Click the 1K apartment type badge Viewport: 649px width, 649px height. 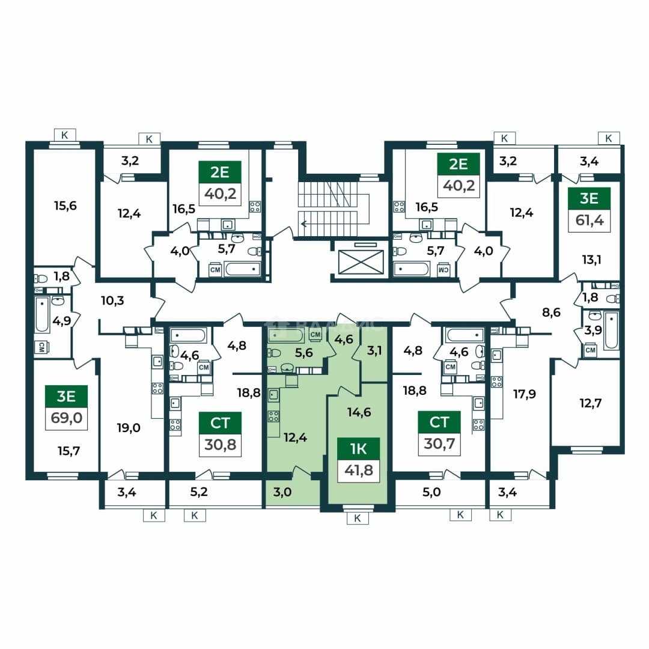(x=358, y=449)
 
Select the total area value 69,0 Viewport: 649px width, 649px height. (x=66, y=418)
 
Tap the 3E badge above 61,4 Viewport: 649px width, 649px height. (x=589, y=198)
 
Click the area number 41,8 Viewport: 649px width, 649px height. (x=358, y=471)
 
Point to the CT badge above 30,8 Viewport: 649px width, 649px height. (x=220, y=422)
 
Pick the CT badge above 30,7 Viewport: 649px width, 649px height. (x=439, y=422)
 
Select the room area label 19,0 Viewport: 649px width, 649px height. (x=129, y=428)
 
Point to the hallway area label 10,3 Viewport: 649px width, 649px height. (x=112, y=300)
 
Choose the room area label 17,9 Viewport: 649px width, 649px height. (x=525, y=394)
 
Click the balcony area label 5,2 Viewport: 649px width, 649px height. (x=199, y=492)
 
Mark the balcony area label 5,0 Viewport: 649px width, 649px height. (x=431, y=492)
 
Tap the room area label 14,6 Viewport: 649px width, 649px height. (x=359, y=412)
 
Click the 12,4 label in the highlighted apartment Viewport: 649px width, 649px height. (x=295, y=437)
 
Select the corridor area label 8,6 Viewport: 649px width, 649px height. (x=552, y=312)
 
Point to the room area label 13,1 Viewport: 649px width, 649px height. (x=591, y=260)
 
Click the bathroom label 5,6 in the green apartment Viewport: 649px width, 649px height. (x=304, y=353)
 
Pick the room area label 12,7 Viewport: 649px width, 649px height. (x=591, y=403)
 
